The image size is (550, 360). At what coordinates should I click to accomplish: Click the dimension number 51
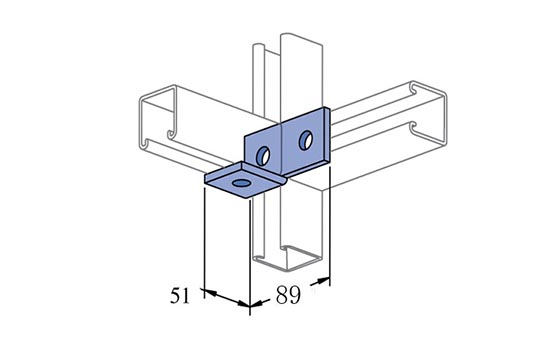(x=180, y=295)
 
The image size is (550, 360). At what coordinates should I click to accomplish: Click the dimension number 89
(x=288, y=295)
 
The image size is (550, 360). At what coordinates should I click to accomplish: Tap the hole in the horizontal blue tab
(x=242, y=183)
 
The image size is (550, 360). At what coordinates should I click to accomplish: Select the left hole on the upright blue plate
(x=263, y=155)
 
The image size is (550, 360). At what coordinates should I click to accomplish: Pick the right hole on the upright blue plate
(x=306, y=140)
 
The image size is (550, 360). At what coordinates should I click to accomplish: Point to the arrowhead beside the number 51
(x=210, y=293)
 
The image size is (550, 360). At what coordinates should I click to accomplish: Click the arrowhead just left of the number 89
(x=256, y=304)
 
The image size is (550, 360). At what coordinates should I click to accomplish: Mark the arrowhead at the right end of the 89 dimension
(x=323, y=281)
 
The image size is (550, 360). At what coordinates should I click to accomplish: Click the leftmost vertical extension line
(x=204, y=243)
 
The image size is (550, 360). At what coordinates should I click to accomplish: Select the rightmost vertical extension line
(x=330, y=226)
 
